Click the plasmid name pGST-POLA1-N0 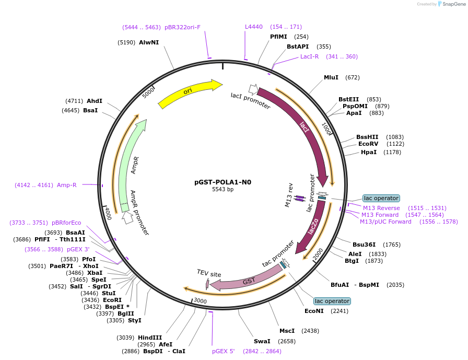point(223,182)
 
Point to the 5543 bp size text point(223,189)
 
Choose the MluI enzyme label point(331,77)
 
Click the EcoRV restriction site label point(368,144)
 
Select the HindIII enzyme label point(150,337)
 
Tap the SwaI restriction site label point(262,341)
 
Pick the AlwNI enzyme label point(149,42)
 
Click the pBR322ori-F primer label point(182,27)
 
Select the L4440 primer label point(254,27)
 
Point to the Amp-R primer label point(67,185)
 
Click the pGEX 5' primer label point(224,351)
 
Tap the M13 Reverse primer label point(381,208)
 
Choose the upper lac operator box point(381,198)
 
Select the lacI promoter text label point(251,101)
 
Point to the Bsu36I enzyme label point(364,245)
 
